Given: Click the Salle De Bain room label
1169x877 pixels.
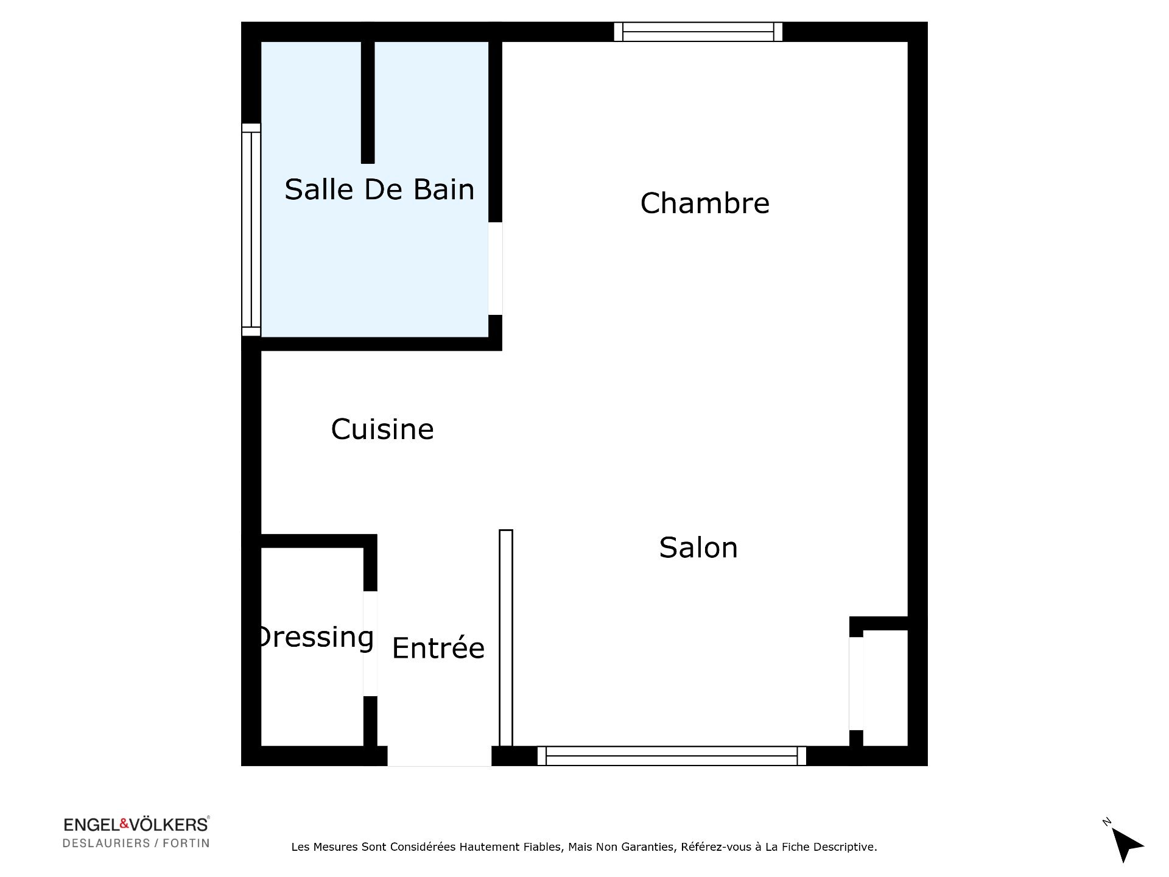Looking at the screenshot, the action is pos(379,189).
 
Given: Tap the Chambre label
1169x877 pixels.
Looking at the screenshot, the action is pos(705,203).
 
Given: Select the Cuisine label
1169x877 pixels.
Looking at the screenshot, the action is pos(382,429).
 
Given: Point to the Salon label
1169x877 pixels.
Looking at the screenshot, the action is pos(698,548).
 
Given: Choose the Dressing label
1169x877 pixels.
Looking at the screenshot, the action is pos(315,638).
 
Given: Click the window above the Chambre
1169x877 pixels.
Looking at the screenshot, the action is pos(698,32).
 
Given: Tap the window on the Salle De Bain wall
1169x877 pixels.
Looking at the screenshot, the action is pos(251,230).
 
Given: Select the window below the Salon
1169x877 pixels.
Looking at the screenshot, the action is pos(672,756).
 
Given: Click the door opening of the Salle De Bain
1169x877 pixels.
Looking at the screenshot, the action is pos(495,269).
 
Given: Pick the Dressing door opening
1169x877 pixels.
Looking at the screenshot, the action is pos(370,644).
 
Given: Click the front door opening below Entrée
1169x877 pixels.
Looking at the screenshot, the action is pos(440,756).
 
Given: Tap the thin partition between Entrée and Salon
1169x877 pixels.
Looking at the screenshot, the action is pos(506,638).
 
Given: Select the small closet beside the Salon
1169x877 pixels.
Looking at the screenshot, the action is pos(885,688).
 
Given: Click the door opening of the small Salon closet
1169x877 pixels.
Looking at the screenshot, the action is pos(856,683).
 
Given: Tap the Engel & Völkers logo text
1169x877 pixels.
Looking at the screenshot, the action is pos(136,825).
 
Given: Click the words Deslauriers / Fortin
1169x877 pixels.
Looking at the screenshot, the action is pos(136,844).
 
